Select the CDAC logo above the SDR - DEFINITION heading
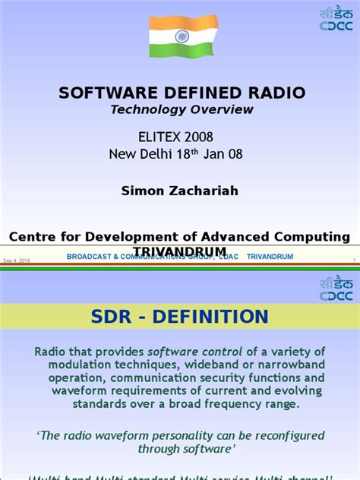tap(336, 289)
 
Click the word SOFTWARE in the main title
tap(106, 93)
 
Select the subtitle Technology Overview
tap(182, 109)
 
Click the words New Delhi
tap(145, 155)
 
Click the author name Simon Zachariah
tap(180, 191)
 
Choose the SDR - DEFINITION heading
tap(180, 317)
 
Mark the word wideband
tap(218, 365)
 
